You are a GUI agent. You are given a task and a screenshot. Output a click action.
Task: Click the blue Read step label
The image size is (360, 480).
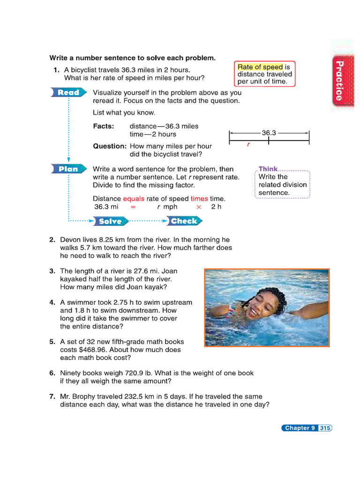tap(68, 92)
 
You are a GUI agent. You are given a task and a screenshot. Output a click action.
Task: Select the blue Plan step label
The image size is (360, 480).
tap(68, 169)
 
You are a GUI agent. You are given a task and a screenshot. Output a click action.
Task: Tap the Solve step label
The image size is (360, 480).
tap(111, 221)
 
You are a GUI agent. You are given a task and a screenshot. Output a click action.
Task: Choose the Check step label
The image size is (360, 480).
tap(184, 221)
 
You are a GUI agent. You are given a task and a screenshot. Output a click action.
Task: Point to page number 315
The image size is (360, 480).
tap(325, 428)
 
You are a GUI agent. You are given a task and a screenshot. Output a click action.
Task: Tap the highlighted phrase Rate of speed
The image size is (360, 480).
tap(260, 67)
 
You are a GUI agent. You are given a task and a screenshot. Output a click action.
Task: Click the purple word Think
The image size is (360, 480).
tap(268, 169)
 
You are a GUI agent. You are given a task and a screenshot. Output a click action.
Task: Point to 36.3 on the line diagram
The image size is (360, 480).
tap(269, 133)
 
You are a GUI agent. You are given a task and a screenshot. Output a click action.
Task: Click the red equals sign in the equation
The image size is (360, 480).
tap(133, 207)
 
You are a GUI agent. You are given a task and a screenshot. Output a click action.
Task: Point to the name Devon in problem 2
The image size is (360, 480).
tap(71, 240)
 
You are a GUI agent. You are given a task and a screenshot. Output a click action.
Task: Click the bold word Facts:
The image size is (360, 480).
tap(104, 126)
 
